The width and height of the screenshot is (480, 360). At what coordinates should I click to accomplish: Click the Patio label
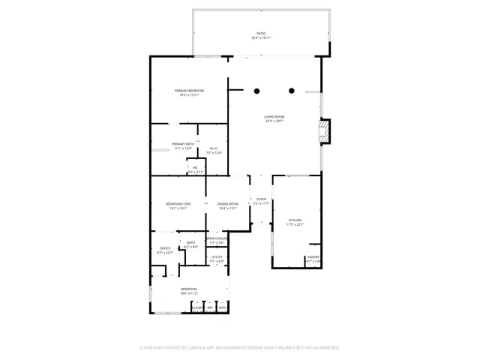pyautogui.click(x=261, y=33)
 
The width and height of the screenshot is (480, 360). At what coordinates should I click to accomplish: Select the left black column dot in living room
pyautogui.click(x=256, y=91)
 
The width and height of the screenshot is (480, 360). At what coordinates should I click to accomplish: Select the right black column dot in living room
pyautogui.click(x=291, y=91)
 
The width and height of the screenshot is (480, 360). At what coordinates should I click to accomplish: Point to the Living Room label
pyautogui.click(x=274, y=117)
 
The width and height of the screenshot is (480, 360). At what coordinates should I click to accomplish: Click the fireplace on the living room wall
pyautogui.click(x=323, y=133)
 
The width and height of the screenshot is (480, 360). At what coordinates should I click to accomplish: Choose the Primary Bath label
pyautogui.click(x=183, y=144)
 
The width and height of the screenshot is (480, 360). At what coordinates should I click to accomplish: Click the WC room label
pyautogui.click(x=195, y=167)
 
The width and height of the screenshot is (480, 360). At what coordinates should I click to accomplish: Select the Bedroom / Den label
pyautogui.click(x=178, y=204)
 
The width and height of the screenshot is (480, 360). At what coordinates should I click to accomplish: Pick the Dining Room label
pyautogui.click(x=227, y=204)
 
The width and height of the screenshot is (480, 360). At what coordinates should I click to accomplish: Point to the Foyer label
pyautogui.click(x=261, y=199)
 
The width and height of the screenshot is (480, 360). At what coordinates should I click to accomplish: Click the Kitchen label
pyautogui.click(x=295, y=220)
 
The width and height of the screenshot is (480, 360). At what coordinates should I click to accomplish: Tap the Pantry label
pyautogui.click(x=313, y=257)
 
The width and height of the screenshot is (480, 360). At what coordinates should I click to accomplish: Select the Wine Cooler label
pyautogui.click(x=217, y=238)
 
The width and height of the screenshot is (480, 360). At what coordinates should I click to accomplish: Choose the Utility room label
pyautogui.click(x=217, y=256)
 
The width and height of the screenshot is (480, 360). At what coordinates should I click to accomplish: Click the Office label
pyautogui.click(x=165, y=248)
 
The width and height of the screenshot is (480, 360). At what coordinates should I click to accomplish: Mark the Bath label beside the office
pyautogui.click(x=190, y=243)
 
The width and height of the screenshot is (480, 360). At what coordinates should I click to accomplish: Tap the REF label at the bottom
pyautogui.click(x=211, y=307)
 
